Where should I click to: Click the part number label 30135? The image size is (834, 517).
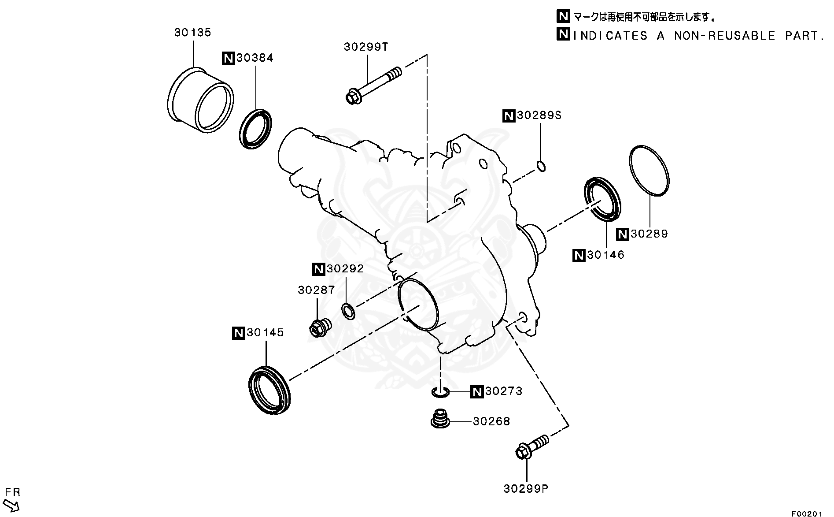(192, 33)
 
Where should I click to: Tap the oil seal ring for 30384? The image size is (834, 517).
(256, 128)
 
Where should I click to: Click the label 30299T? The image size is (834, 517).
(366, 47)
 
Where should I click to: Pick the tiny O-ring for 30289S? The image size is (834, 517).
(542, 167)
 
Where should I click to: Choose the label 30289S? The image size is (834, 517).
(539, 116)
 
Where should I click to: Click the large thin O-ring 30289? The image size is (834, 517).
(649, 170)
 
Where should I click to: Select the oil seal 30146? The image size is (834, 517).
(602, 198)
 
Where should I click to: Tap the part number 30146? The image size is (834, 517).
(605, 255)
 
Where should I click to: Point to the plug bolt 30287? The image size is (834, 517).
(320, 327)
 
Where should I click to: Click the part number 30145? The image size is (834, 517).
(265, 333)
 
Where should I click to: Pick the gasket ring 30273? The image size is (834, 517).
(440, 392)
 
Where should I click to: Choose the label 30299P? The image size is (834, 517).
(526, 489)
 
